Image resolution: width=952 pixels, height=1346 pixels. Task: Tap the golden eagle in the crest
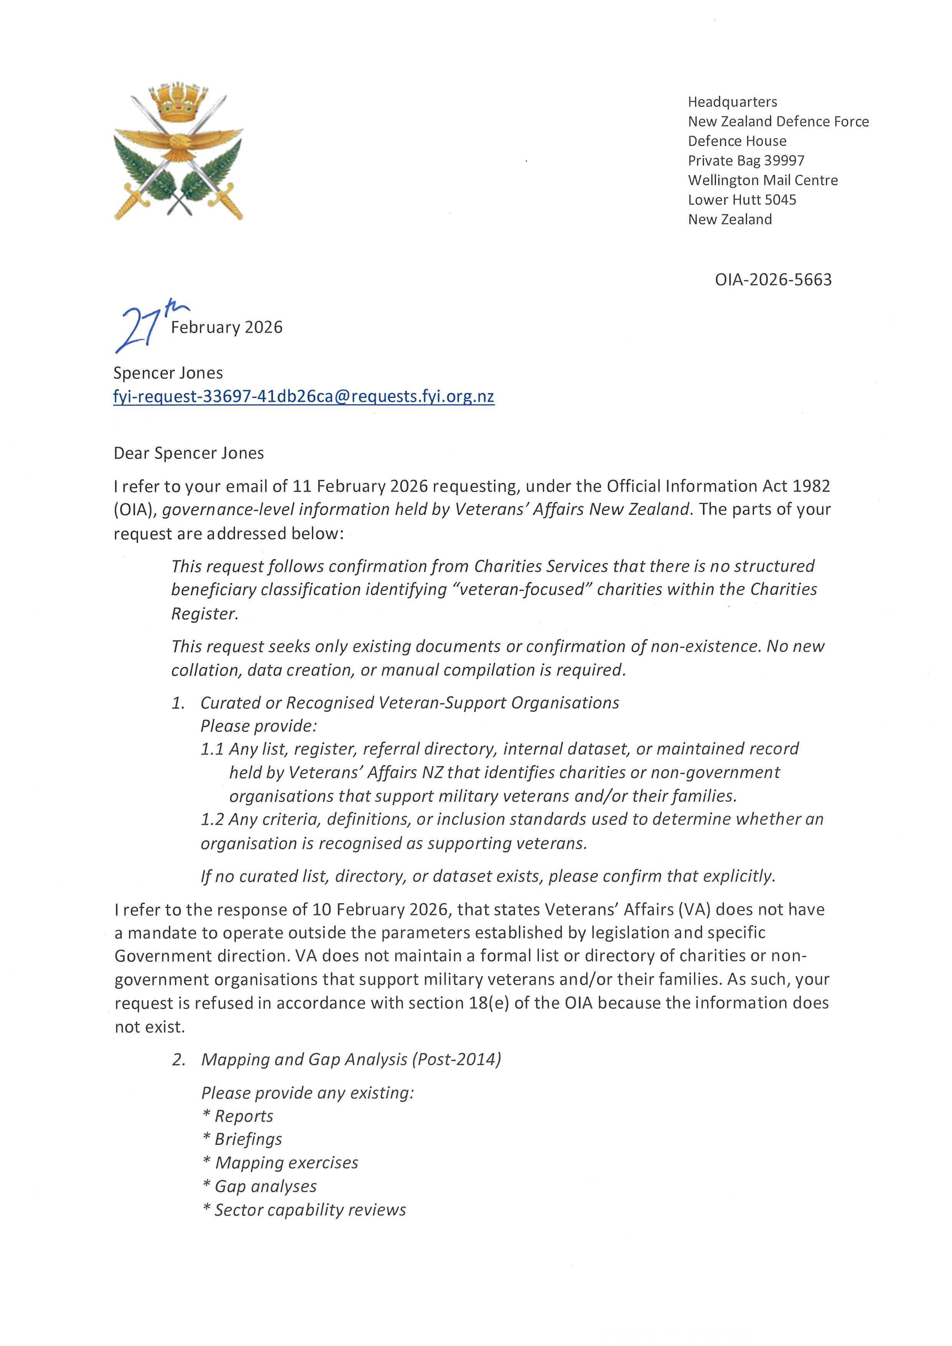[x=178, y=144]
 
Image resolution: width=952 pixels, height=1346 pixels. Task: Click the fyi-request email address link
[x=304, y=397]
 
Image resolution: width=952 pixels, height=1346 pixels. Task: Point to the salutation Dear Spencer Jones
[x=189, y=453]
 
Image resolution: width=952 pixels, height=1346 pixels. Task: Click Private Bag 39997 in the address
[x=746, y=161]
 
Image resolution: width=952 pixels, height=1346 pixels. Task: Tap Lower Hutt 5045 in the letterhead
[x=741, y=200]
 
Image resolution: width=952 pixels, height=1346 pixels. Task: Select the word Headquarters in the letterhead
[x=732, y=102]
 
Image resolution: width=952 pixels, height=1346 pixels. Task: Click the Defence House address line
[x=737, y=141]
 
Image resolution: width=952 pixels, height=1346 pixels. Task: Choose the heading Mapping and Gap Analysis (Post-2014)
[x=351, y=1059]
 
